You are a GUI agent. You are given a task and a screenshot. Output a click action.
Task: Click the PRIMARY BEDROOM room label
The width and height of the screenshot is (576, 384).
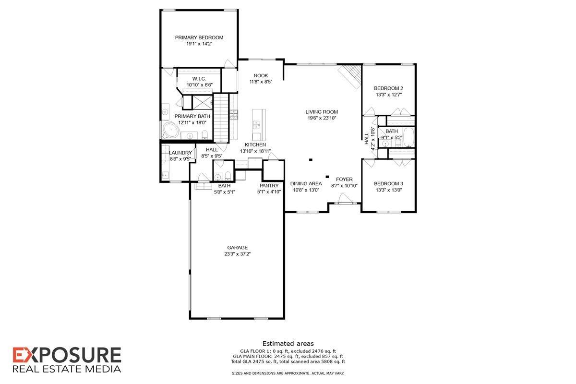[199, 37]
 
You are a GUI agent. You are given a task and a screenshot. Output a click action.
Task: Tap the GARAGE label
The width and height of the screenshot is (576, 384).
[237, 248]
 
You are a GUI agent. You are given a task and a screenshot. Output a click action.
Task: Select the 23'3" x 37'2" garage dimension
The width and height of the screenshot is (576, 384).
[237, 254]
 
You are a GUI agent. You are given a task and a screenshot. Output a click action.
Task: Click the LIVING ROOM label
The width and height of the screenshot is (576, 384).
[322, 112]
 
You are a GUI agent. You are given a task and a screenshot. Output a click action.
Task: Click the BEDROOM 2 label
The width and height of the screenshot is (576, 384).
[388, 88]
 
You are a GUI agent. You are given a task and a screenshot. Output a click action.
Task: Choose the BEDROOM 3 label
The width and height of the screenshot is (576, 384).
[388, 184]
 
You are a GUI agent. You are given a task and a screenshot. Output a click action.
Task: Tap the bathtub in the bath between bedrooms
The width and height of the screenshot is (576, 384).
[408, 137]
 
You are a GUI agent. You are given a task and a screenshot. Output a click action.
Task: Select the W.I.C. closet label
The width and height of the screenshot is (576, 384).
[199, 78]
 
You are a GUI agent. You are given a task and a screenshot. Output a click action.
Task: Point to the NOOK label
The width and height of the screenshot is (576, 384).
[261, 75]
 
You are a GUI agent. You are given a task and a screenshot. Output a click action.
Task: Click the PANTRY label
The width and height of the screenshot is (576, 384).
[269, 186]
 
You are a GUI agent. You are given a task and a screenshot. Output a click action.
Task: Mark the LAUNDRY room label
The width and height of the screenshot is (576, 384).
[180, 153]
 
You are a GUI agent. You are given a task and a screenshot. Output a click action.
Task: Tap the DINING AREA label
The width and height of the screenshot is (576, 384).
[306, 183]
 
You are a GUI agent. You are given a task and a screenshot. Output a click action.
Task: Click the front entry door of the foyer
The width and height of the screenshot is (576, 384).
[344, 199]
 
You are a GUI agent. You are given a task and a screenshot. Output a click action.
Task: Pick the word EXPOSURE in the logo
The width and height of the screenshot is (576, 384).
[67, 356]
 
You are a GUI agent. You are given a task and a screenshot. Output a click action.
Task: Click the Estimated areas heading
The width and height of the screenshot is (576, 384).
[288, 343]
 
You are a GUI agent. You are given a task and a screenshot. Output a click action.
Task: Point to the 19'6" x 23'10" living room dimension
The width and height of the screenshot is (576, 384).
[322, 118]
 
